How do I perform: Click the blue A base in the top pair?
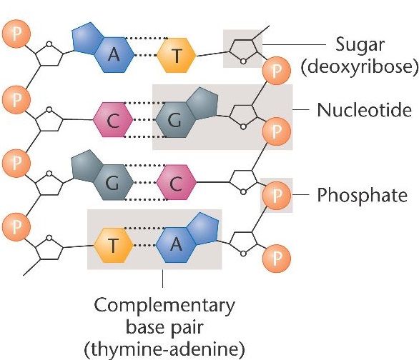109,55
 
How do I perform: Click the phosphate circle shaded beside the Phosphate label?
276,194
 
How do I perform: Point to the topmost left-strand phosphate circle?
15,33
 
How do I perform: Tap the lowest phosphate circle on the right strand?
276,256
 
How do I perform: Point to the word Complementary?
165,307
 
